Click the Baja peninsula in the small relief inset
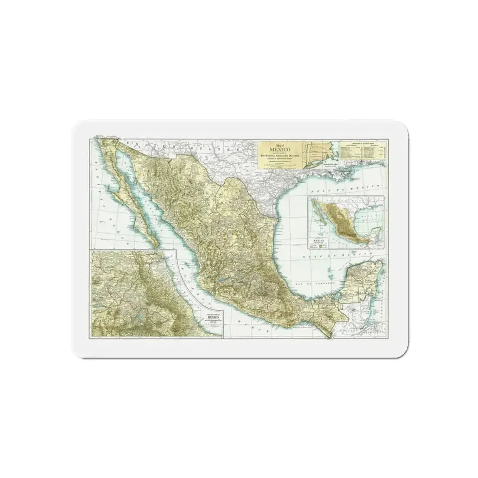pyautogui.click(x=322, y=217)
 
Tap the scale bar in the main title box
pyautogui.click(x=278, y=166)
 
